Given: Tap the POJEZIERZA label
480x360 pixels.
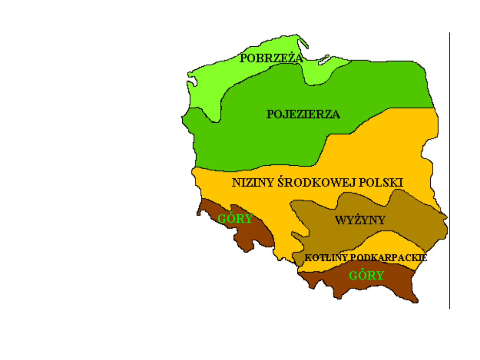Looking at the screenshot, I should coord(303,115).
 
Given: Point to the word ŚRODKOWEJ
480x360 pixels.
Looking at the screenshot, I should coord(303,183).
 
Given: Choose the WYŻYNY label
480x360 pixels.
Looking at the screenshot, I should coord(360,220).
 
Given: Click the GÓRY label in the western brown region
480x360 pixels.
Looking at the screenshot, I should coord(235,219).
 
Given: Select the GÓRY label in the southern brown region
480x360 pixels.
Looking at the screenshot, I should coord(366,276).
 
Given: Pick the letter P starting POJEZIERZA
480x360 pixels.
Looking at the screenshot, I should coord(269,115).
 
